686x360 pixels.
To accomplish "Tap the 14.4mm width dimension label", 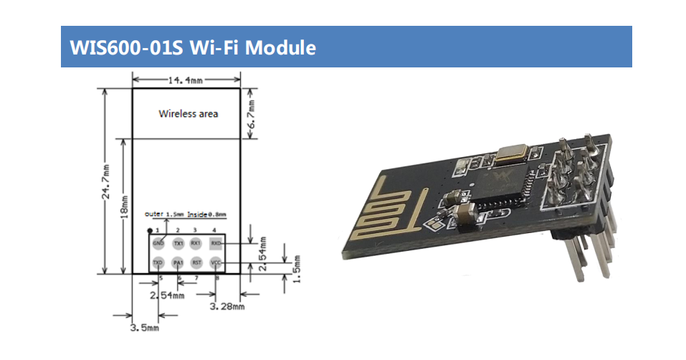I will [185, 81].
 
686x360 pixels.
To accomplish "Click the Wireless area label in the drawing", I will [188, 113].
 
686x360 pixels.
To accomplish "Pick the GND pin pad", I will [158, 244].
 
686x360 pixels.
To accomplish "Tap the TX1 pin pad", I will [177, 244].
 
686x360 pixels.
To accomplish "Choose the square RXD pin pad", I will [215, 244].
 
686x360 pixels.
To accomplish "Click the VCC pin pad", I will [215, 263].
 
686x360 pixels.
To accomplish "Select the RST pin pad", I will [196, 263].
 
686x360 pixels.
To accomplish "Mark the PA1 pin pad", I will [177, 263].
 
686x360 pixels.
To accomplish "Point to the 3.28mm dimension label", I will [228, 306].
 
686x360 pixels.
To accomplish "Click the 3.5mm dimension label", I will [144, 328].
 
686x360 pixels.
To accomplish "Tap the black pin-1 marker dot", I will [149, 230].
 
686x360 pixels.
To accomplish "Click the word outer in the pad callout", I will [153, 214].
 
